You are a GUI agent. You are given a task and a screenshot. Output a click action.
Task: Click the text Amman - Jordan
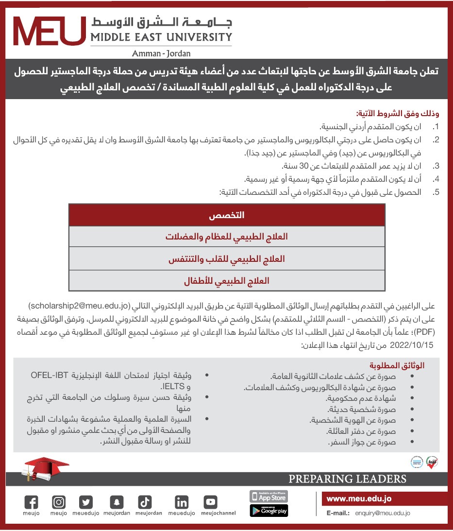[161, 53]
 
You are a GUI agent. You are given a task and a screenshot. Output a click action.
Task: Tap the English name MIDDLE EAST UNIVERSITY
[161, 37]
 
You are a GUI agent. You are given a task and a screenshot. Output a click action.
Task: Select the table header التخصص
[227, 215]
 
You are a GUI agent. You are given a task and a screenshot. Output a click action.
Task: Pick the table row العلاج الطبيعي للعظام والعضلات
[227, 237]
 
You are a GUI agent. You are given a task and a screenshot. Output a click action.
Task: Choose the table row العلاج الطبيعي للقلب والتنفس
[227, 259]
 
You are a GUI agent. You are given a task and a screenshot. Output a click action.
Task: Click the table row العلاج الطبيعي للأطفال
[227, 281]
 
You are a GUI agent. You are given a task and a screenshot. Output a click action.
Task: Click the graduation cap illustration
[41, 469]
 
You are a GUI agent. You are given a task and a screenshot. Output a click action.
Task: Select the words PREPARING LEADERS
[347, 479]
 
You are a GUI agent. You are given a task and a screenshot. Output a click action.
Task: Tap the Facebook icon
[31, 502]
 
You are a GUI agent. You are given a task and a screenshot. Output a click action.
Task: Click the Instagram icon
[59, 502]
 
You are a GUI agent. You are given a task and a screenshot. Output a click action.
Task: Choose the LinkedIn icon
[182, 502]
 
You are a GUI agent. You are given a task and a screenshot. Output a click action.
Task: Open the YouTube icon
[211, 502]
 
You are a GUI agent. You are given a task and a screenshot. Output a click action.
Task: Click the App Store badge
[268, 497]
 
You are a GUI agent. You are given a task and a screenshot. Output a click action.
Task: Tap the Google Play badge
[268, 511]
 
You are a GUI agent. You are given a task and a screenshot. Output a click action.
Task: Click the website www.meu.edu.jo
[359, 498]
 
